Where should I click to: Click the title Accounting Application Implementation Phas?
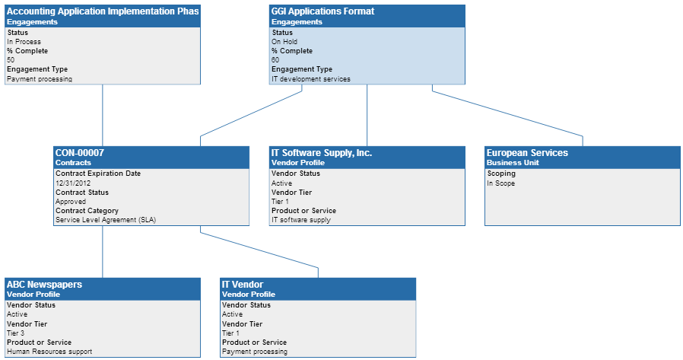coord(102,11)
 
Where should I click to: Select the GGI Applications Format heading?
coord(322,11)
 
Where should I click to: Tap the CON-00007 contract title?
coord(80,153)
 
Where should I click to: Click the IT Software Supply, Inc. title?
coord(322,153)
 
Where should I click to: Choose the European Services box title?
coord(527,153)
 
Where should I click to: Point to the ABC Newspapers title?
coord(44,285)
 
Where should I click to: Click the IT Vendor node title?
coord(242,285)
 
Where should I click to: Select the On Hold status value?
coord(284,42)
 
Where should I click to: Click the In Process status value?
coord(24,42)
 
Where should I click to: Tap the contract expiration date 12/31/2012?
coord(73,183)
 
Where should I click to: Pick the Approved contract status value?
coord(71,202)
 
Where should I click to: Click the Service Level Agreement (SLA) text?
coord(106,220)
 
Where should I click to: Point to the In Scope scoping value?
coord(501,183)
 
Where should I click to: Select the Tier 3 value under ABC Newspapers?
coord(16,333)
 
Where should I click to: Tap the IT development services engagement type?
coord(311,78)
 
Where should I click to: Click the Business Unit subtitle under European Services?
coord(510,163)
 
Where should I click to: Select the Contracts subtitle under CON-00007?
coord(73,163)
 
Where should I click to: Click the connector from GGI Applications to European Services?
coord(507,114)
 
